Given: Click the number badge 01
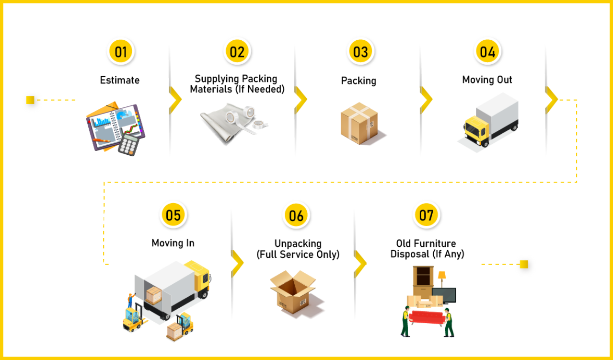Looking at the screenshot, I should coord(121,52).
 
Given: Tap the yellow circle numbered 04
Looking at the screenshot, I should coord(487,52).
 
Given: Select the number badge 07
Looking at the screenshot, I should coord(426,215).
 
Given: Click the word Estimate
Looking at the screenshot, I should coord(120,80).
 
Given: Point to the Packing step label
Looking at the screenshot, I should coord(359,81).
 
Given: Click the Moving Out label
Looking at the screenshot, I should coord(487,80).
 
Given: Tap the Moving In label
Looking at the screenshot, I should coord(173,243).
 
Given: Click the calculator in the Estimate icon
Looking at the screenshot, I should coord(128,143).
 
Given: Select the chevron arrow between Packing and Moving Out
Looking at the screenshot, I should coord(426,100).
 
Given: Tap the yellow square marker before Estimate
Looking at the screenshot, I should coord(30,100).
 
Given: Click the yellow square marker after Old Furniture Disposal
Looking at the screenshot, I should coord(524,264).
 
